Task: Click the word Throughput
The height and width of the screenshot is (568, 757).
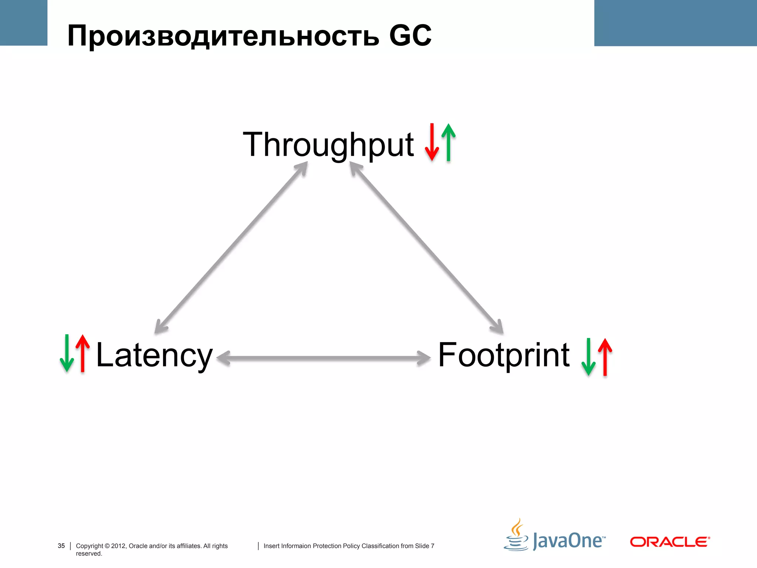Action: point(328,145)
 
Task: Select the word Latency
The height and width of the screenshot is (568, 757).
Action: point(154,355)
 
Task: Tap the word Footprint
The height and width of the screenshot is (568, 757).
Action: point(504,355)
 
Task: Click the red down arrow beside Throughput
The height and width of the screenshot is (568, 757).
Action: point(432,142)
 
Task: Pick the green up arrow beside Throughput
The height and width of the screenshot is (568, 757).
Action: point(448,142)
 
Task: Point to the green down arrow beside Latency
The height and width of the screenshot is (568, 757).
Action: point(67,353)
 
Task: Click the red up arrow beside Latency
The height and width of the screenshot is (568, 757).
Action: point(83,353)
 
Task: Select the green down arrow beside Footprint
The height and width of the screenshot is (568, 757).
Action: point(588,357)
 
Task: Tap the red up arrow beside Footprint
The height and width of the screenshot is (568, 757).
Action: point(605,357)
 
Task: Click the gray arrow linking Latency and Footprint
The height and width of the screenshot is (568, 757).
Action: point(323,358)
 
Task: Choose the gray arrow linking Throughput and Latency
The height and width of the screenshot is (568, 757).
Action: point(231,248)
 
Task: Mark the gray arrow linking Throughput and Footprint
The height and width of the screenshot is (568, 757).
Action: point(427,248)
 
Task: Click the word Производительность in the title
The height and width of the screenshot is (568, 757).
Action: point(223,36)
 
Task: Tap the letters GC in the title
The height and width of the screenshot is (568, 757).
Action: point(410,36)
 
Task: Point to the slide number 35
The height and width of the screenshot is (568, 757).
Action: point(61,546)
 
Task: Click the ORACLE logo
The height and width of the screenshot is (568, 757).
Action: point(670,542)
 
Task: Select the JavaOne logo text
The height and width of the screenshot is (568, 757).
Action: point(568,541)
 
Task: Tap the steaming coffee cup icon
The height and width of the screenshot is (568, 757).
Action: point(516,535)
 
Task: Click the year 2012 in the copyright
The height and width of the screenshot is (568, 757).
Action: point(118,546)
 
